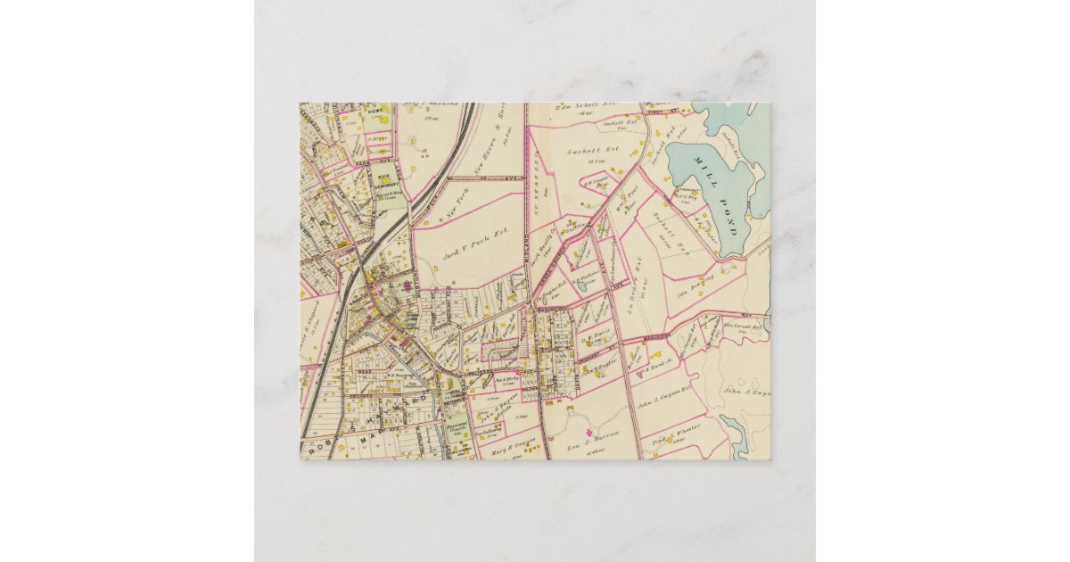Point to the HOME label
click(x=375, y=111)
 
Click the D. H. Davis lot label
click(x=595, y=338)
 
